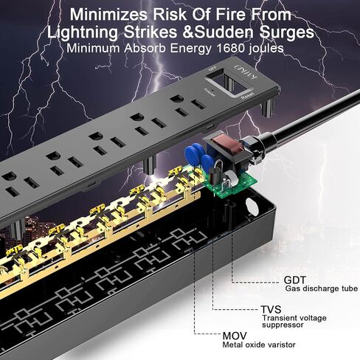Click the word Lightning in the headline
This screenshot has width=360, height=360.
tap(83, 33)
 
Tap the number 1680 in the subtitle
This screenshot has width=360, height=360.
tap(230, 48)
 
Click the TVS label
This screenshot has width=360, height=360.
tap(271, 309)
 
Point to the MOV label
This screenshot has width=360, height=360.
tap(235, 336)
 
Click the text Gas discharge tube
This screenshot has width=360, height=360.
tap(322, 288)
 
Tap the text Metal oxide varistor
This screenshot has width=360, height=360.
tap(259, 345)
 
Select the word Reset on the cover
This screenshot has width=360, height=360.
tap(247, 96)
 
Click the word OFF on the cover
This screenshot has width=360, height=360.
tap(212, 69)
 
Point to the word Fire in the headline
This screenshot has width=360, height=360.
tap(233, 15)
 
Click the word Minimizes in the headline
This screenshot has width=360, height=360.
tap(108, 15)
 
